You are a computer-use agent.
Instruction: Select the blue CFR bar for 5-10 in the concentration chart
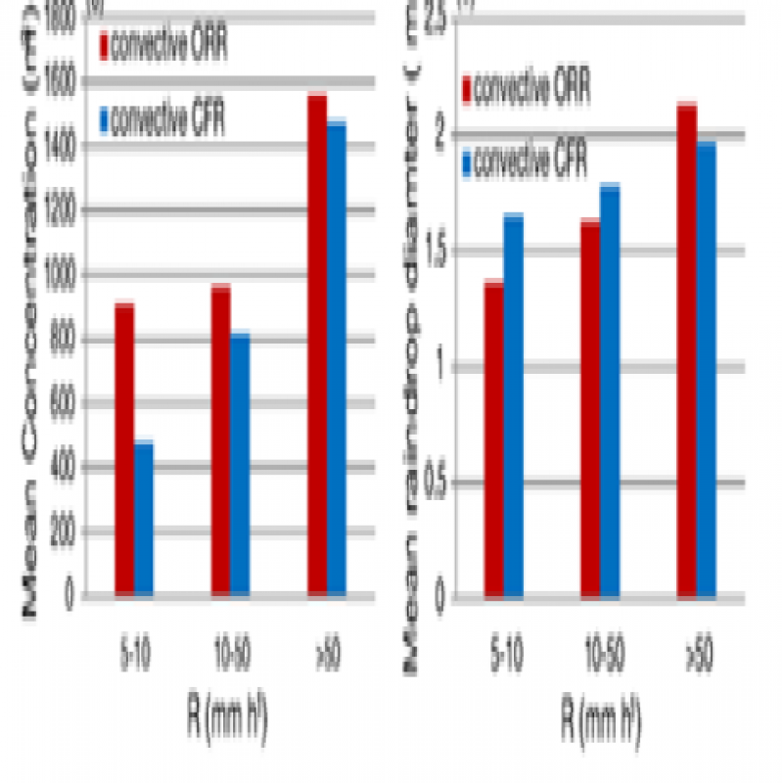tap(144, 519)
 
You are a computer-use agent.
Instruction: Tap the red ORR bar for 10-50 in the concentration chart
tap(220, 440)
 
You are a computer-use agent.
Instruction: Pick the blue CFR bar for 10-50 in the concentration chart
tap(240, 464)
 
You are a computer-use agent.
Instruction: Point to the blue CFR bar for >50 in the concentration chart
tap(336, 358)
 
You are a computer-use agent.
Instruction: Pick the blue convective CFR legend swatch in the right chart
tap(467, 161)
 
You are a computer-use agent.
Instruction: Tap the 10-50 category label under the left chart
tap(231, 653)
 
